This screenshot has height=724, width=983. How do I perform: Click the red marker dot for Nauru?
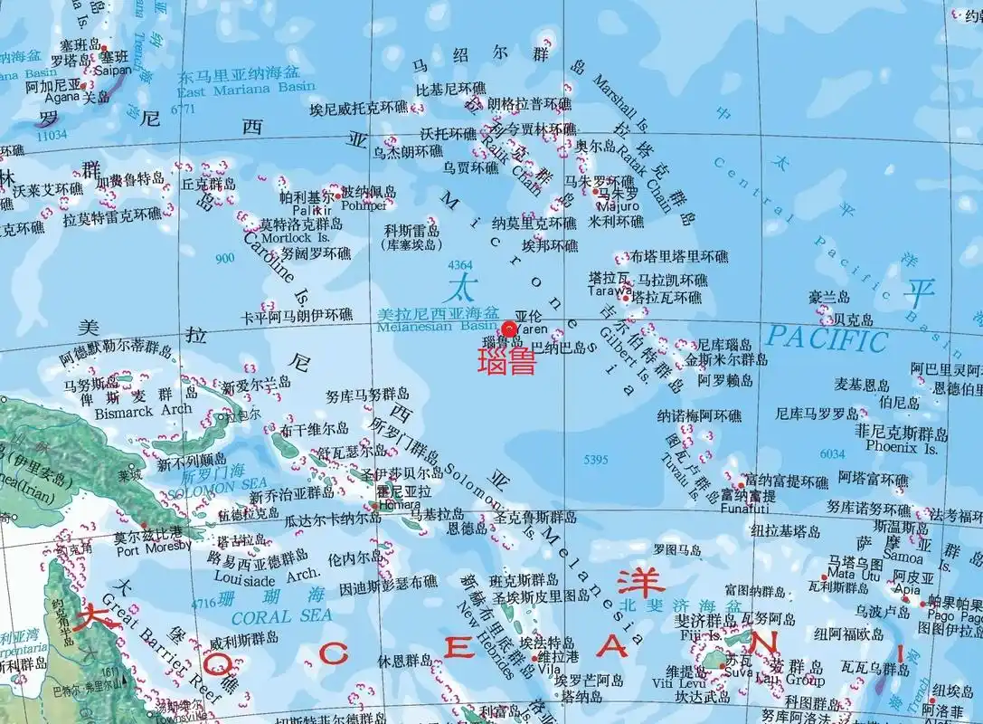[509, 328]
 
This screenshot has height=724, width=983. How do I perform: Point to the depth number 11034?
[52, 135]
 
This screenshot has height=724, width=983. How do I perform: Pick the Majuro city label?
[617, 206]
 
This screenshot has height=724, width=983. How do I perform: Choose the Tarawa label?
[608, 291]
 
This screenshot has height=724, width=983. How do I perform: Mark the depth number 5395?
[596, 460]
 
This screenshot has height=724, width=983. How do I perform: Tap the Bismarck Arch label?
[143, 409]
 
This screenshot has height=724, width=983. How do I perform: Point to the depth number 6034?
[832, 453]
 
